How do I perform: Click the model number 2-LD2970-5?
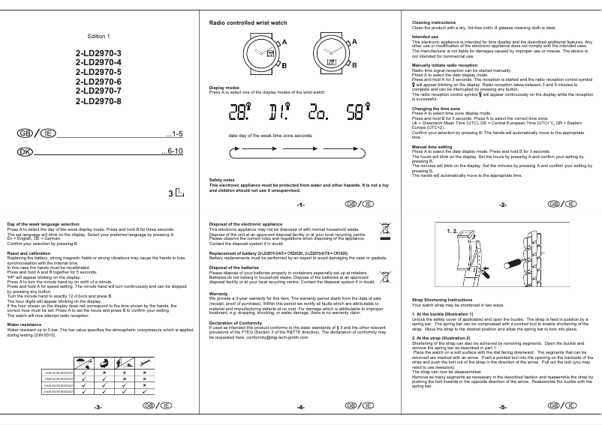98,71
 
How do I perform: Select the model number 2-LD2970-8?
98,100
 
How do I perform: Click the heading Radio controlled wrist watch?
248,24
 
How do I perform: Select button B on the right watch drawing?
348,66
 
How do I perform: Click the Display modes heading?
224,87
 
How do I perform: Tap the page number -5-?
503,407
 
